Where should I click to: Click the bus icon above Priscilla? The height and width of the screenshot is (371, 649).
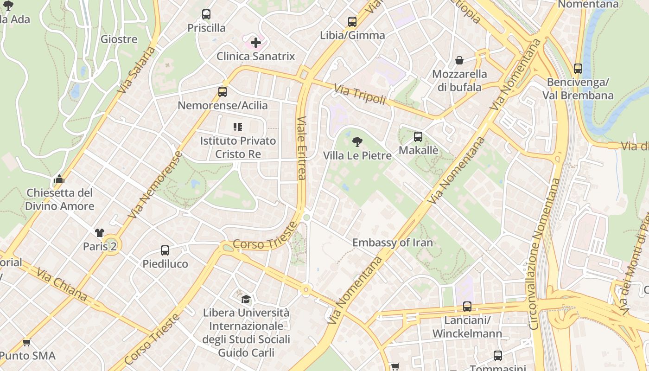pos(206,14)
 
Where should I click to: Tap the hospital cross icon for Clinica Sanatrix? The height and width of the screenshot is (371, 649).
pos(255,43)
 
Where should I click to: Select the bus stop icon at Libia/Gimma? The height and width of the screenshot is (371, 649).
pos(352,21)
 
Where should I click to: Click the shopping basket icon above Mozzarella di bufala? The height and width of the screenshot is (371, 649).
pos(459,60)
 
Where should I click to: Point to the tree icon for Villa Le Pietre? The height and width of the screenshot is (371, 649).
pos(357,141)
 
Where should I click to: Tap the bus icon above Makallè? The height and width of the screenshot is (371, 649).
pos(418,136)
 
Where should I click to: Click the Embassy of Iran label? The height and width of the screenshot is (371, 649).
pos(392,243)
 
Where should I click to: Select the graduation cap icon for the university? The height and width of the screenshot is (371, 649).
pos(246,299)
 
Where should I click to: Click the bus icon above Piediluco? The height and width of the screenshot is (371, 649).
pos(165,250)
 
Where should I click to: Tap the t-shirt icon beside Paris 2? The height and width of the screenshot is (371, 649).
pos(100,232)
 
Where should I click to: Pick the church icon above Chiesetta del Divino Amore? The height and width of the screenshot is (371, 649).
pos(59,179)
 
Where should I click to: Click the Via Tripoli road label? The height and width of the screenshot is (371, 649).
pos(360,94)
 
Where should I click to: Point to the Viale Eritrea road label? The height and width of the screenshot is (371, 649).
pos(302,147)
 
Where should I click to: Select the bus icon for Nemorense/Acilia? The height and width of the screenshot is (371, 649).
pos(223,91)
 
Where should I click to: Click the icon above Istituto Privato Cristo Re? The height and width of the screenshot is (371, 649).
pos(238,127)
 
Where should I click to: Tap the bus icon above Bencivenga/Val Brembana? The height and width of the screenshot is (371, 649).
pos(578,69)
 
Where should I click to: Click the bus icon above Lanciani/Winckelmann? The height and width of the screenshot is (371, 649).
pos(467,307)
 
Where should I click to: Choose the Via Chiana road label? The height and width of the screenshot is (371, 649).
pos(62,285)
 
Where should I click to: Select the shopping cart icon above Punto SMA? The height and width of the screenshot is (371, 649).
pos(26,342)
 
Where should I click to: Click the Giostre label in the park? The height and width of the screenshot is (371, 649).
pos(119,39)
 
